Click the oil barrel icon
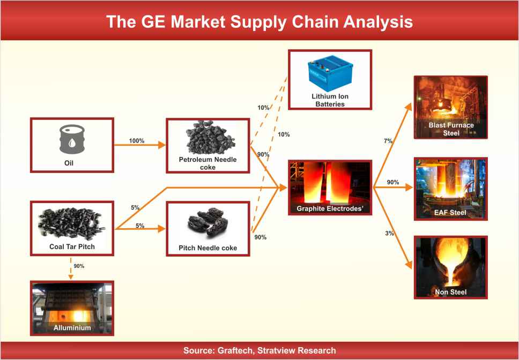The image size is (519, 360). point(71,139)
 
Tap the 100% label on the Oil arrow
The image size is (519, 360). point(137,141)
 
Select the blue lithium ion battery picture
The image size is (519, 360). point(330,73)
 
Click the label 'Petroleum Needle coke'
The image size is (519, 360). point(208,163)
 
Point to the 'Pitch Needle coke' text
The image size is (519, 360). point(208,248)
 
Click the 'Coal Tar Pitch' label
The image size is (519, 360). point(72,246)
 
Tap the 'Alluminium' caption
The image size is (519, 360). point(72,328)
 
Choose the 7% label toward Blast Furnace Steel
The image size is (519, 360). point(388,141)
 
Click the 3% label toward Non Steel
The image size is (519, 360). point(390,234)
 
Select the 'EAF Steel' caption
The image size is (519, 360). point(450,213)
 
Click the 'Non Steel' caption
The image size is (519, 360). point(451,292)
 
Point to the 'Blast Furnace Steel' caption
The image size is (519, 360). point(451,129)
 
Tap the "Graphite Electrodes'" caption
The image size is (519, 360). point(330,208)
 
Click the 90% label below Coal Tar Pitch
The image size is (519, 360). point(79,266)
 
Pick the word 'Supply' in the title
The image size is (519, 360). point(257,22)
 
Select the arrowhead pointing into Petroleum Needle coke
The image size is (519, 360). point(162,145)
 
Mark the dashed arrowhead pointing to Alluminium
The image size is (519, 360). point(71,276)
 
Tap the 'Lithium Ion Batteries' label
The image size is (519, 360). point(330,100)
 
